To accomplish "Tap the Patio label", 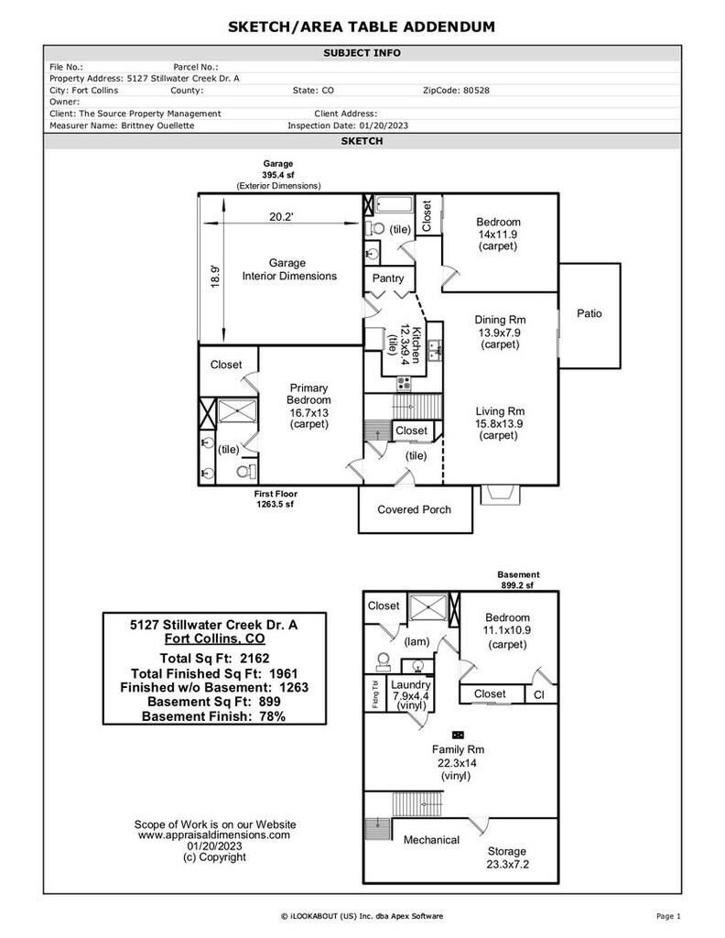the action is pyautogui.click(x=590, y=313).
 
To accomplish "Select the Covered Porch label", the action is pyautogui.click(x=414, y=509).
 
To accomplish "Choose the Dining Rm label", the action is pyautogui.click(x=500, y=320).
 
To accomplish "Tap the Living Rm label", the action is pyautogui.click(x=500, y=411).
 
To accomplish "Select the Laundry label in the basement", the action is pyautogui.click(x=410, y=684).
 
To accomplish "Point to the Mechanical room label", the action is pyautogui.click(x=431, y=839).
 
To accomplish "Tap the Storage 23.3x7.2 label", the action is pyautogui.click(x=506, y=851).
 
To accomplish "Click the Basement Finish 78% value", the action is pyautogui.click(x=268, y=716).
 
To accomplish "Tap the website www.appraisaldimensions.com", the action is pyautogui.click(x=214, y=834).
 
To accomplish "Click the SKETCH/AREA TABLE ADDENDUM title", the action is pyautogui.click(x=362, y=27).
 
